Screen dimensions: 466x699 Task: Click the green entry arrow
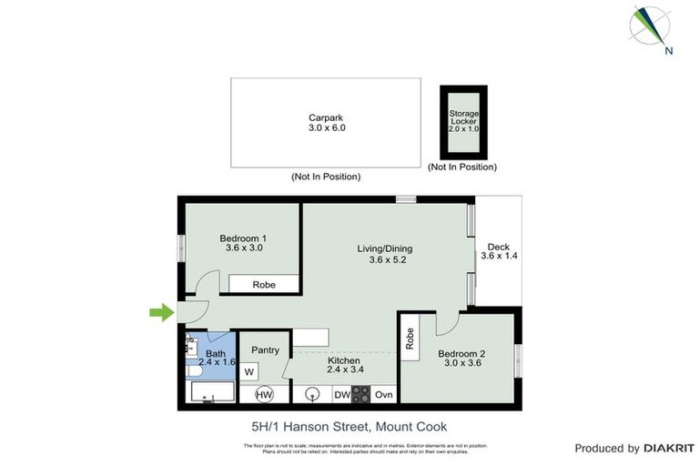(x=161, y=313)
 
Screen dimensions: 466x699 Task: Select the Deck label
(x=498, y=252)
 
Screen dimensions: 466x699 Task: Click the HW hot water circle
(x=264, y=395)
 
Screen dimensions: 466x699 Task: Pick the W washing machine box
(x=249, y=372)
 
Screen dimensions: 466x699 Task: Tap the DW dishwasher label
(x=340, y=395)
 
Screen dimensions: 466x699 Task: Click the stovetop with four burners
(x=361, y=395)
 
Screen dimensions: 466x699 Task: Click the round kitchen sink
(x=312, y=395)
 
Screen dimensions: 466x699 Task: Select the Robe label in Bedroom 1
(x=264, y=285)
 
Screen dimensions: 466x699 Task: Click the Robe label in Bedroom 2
(x=410, y=339)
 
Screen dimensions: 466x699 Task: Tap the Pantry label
(x=265, y=349)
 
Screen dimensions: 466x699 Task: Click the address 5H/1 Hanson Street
(x=349, y=426)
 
